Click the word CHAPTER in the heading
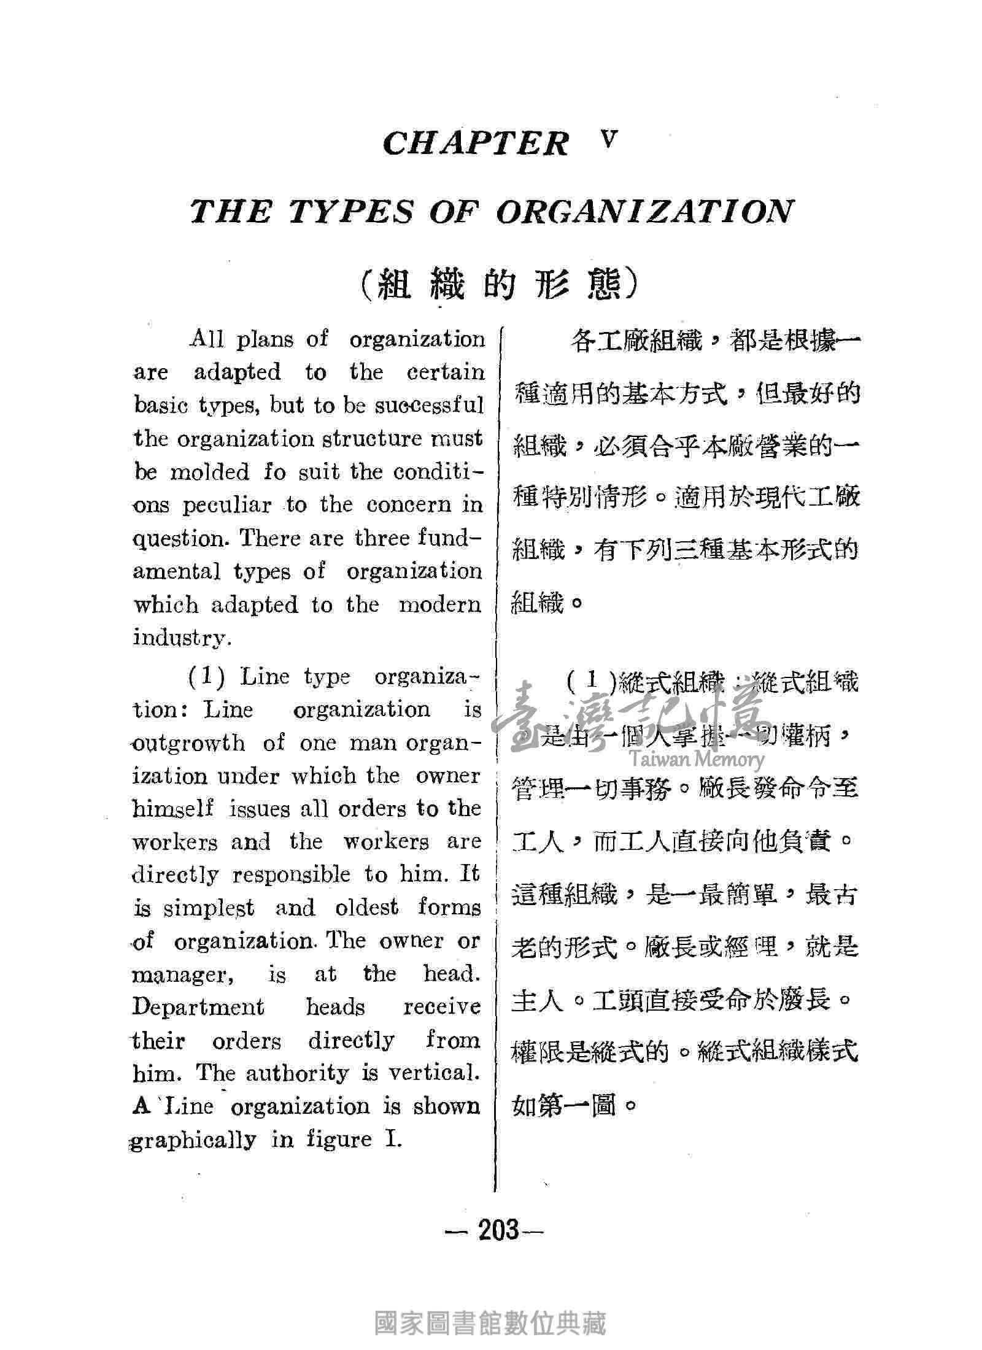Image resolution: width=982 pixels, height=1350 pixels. (476, 144)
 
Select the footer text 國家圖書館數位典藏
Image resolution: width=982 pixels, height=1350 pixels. (490, 1302)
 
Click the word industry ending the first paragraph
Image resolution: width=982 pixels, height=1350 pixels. (181, 638)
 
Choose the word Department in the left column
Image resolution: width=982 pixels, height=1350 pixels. (198, 1008)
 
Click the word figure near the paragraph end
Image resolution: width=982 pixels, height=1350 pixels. (339, 1140)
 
